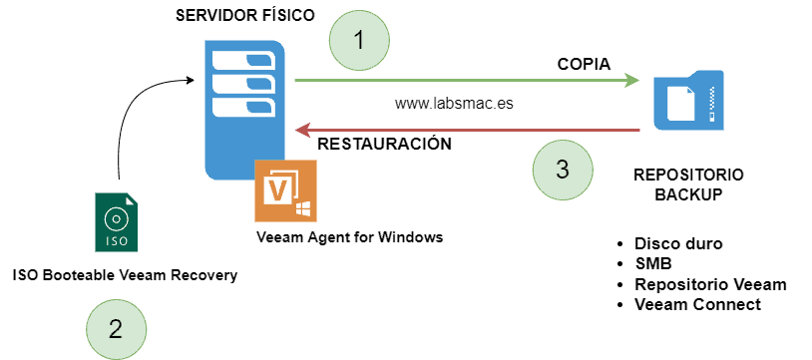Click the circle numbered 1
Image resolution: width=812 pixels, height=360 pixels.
tap(360, 39)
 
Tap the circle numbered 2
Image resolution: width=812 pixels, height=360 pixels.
tap(116, 329)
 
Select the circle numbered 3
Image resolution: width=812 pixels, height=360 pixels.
tap(563, 169)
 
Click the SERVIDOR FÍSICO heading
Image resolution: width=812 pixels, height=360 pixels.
tap(244, 15)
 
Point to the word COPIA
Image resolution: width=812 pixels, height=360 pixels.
tap(583, 64)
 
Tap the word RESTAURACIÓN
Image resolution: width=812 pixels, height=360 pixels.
tap(384, 144)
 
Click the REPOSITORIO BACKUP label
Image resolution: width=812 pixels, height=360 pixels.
tap(687, 184)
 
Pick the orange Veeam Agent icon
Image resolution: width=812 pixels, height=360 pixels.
tap(285, 191)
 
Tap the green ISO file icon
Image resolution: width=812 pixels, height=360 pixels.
tap(117, 221)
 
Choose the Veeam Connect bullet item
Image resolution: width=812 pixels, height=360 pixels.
tap(697, 304)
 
